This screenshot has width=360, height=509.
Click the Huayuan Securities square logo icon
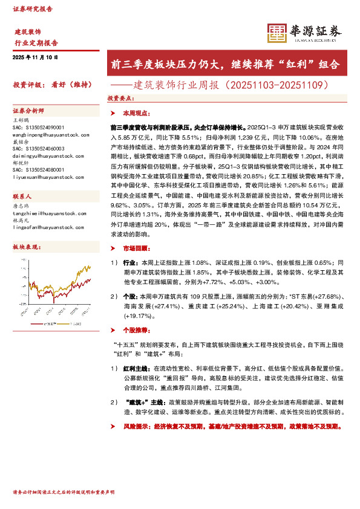[x=277, y=33]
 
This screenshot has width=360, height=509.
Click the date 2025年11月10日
[x=35, y=57]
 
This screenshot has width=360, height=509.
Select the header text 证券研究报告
[x=33, y=9]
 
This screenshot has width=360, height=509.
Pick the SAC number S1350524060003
[x=38, y=148]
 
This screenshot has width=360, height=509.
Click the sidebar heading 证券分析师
[x=25, y=112]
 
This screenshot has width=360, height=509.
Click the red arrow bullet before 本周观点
[x=113, y=113]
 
